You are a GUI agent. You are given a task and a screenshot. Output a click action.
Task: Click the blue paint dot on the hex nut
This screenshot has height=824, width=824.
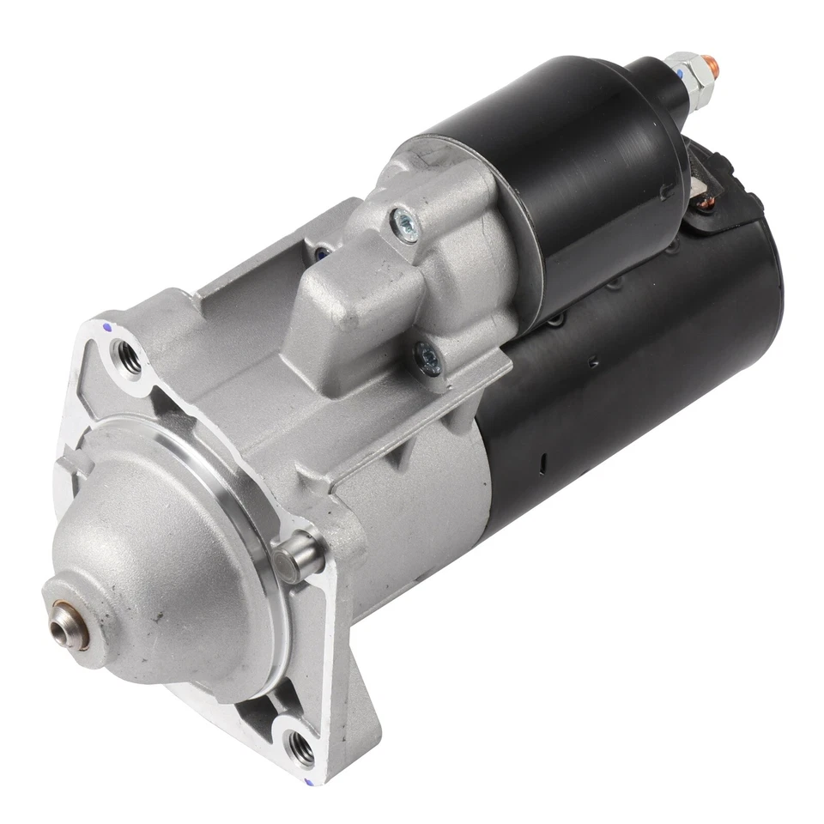tap(681, 76)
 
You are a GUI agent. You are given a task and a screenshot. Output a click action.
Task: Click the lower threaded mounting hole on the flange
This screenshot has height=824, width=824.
tap(301, 748)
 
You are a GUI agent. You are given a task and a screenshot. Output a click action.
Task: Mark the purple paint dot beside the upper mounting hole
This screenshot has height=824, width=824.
tap(106, 327)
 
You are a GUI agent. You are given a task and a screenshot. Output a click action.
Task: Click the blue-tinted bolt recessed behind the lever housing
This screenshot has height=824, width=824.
tap(322, 253)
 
